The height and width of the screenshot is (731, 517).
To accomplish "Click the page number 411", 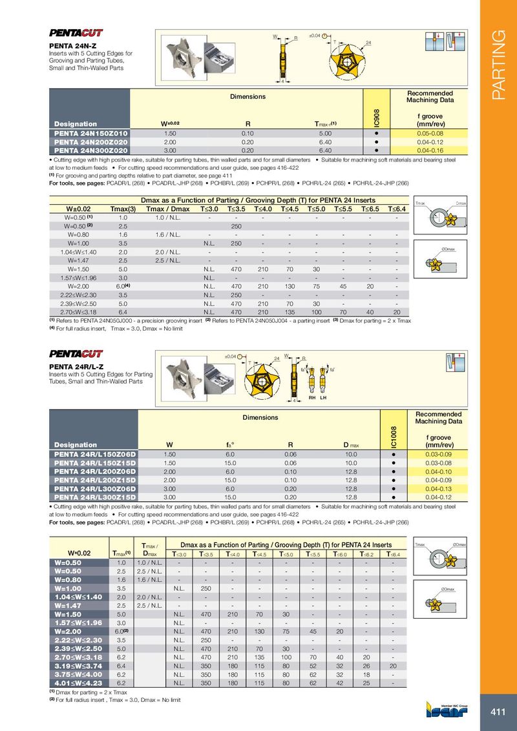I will point(498,712).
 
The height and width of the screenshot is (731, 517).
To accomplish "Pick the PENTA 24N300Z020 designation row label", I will point(90,150).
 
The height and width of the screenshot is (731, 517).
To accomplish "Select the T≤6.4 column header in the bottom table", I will point(393,554).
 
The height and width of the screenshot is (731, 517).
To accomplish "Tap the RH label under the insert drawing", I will point(312,398).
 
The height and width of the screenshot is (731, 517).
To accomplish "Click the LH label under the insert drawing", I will point(324,398).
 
